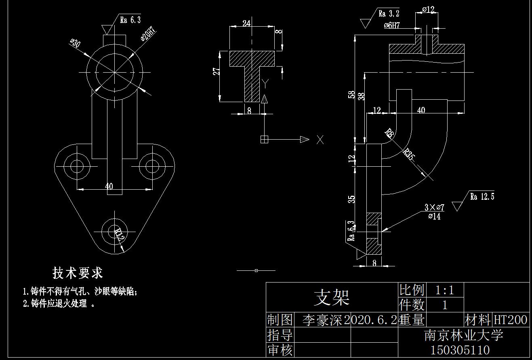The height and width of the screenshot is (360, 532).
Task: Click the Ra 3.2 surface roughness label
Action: (389, 14)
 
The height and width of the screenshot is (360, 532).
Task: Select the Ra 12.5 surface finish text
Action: (482, 197)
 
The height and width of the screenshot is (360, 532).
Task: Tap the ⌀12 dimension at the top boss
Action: (428, 9)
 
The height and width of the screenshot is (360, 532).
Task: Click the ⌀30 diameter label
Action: (76, 44)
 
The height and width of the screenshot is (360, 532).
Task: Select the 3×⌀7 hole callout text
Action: (434, 207)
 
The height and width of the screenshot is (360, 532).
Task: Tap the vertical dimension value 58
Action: (352, 94)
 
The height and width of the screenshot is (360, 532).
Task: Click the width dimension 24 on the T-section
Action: (246, 23)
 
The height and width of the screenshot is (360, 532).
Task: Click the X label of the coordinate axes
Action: (320, 140)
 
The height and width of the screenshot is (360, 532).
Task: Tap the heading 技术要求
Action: (78, 273)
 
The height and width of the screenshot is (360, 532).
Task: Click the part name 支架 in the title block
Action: (332, 298)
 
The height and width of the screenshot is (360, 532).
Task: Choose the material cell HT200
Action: (511, 320)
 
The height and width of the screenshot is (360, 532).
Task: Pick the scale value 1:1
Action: (444, 290)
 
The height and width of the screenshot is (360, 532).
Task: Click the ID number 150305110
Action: (460, 350)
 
